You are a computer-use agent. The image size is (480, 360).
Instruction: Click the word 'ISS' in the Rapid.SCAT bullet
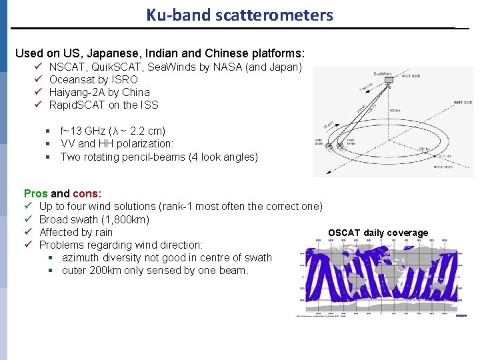149,105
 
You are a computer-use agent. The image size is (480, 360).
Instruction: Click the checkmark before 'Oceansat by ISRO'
39,79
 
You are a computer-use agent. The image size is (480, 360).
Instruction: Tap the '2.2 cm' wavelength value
147,131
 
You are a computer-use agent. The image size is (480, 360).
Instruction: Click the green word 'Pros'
35,193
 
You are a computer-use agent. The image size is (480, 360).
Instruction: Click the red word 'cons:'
87,193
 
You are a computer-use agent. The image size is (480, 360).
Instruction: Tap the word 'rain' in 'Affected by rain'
103,232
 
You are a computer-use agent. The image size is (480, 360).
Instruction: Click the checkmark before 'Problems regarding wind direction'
29,245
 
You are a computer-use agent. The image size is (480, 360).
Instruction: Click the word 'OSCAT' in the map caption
344,233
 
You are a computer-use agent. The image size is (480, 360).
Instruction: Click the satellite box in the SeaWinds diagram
382,75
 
